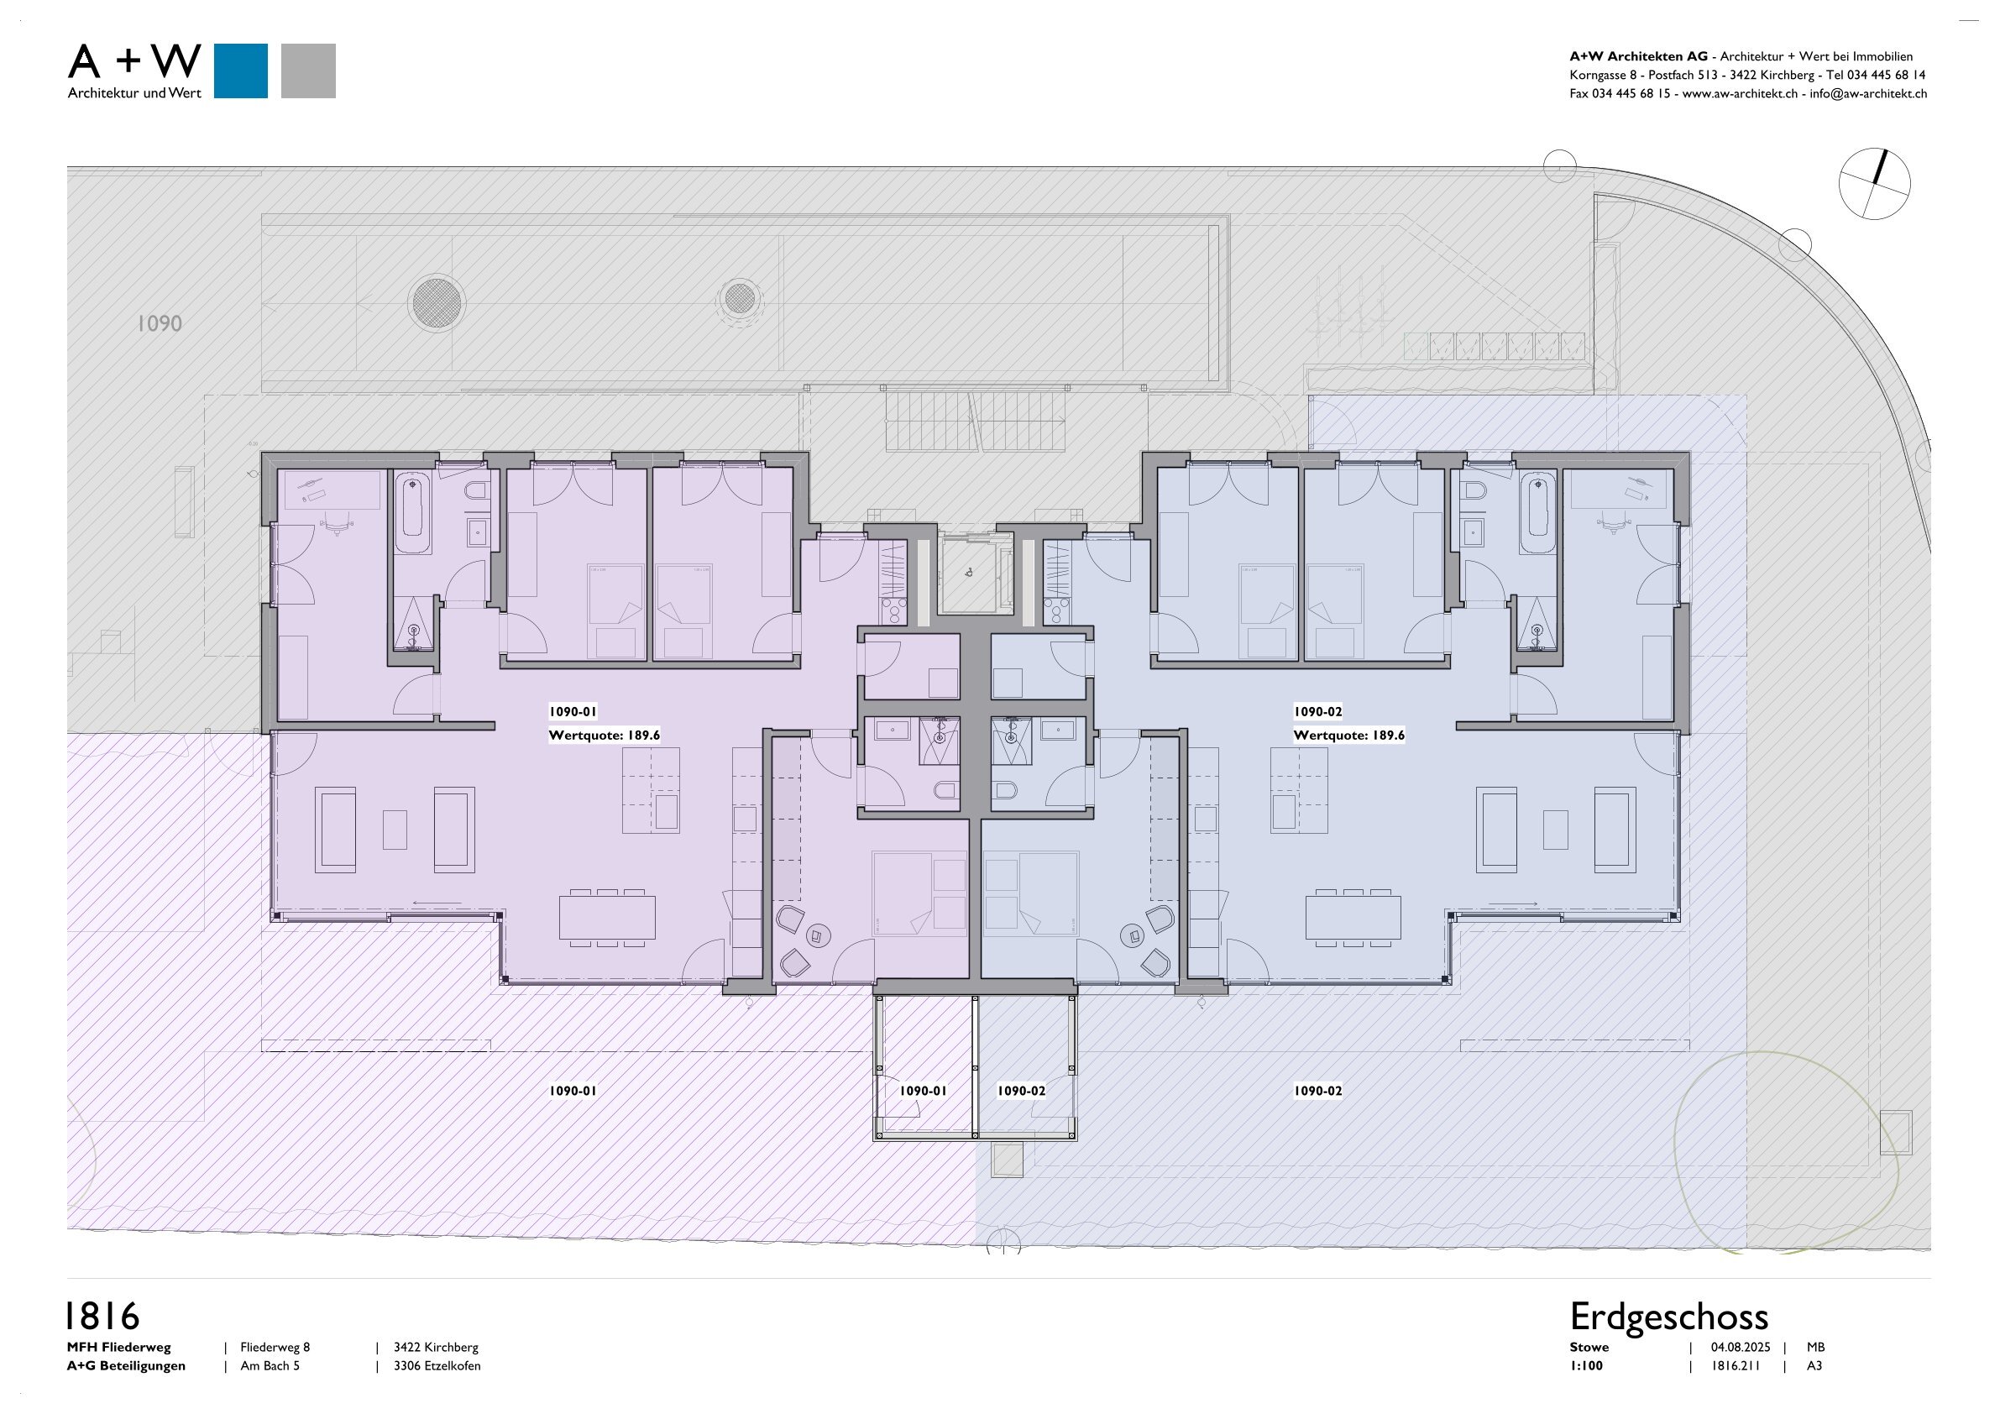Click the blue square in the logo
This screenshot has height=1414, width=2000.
click(x=240, y=71)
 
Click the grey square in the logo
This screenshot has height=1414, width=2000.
click(x=308, y=71)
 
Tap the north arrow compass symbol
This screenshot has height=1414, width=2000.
click(x=1874, y=184)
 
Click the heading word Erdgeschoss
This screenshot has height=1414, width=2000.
click(x=1668, y=1317)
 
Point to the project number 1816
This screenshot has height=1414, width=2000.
click(x=102, y=1317)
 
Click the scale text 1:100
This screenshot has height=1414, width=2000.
click(x=1585, y=1366)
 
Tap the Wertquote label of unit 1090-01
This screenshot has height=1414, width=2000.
click(x=604, y=736)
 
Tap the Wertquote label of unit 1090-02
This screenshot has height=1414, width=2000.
click(x=1348, y=736)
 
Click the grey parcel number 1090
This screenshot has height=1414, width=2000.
click(x=160, y=323)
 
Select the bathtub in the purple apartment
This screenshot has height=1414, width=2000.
click(x=413, y=512)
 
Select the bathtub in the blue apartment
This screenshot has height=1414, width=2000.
click(x=1537, y=512)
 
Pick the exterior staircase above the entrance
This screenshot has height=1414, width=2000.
click(x=976, y=421)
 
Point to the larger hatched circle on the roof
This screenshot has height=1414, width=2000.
click(x=437, y=302)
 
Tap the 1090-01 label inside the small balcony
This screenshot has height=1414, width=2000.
click(x=923, y=1091)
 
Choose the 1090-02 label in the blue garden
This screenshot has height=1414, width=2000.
click(x=1317, y=1091)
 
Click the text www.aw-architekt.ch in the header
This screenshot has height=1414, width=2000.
click(x=1739, y=94)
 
